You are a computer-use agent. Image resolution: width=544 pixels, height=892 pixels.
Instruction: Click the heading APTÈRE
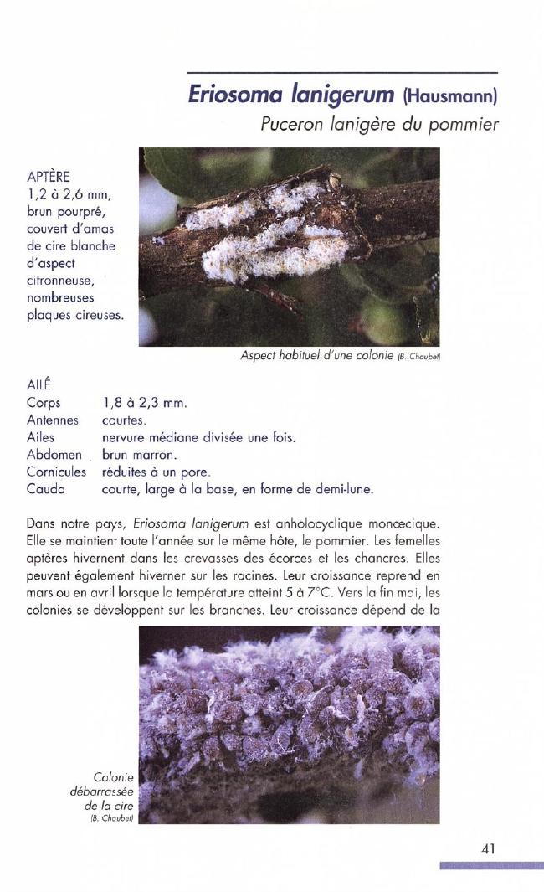pos(48,177)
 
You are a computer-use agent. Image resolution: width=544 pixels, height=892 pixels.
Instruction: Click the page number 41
pos(490,848)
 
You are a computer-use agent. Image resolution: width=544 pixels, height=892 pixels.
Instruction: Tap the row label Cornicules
pos(57,472)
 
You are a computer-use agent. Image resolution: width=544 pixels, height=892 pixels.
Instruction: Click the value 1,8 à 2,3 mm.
pos(142,403)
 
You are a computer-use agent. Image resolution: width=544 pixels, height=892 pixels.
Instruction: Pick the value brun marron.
pos(139,455)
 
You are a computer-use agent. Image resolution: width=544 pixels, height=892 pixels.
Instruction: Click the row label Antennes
pos(52,420)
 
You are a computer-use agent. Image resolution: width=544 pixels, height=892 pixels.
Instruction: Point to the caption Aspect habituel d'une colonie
pos(316,356)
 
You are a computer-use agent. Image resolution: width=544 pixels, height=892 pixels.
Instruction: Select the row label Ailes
pos(41,437)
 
